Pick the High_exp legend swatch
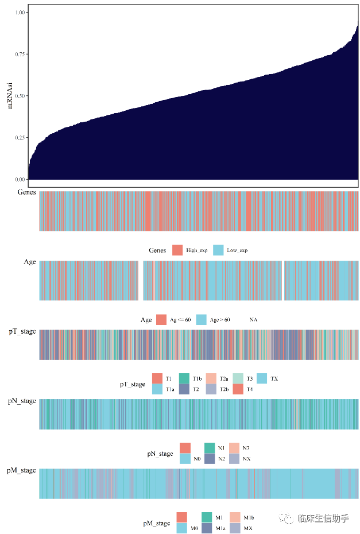click(x=177, y=250)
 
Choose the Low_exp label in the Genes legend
click(x=238, y=250)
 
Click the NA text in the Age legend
click(x=253, y=319)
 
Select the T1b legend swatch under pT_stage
click(x=184, y=378)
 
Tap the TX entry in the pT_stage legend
click(x=274, y=378)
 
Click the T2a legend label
click(x=224, y=378)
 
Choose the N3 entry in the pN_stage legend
click(x=246, y=447)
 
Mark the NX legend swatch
click(x=234, y=458)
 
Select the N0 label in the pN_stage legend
click(x=197, y=458)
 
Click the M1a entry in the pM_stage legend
click(x=221, y=528)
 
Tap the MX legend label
click(x=248, y=528)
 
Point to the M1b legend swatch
click(x=235, y=517)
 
